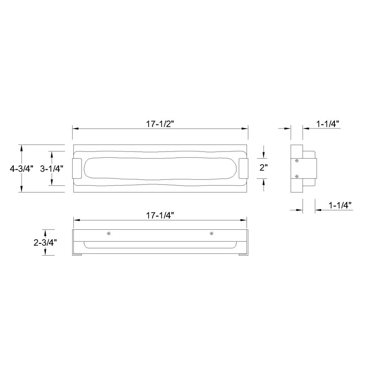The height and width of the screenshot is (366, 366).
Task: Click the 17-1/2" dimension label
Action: pos(161,124)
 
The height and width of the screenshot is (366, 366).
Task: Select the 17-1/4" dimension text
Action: pos(161,215)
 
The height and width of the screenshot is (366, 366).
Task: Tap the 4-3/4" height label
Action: pos(22,168)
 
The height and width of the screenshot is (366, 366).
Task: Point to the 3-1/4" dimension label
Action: pos(52,168)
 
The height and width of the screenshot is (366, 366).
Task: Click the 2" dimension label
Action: pos(264,167)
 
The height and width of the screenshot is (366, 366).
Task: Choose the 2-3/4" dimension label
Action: pos(45,242)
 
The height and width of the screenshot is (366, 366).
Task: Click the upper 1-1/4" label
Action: pos(328,124)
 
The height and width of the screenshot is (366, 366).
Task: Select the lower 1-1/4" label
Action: pos(340,205)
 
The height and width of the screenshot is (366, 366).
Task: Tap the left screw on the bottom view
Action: pos(109,233)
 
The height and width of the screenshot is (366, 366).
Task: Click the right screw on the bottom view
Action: pos(211,233)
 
